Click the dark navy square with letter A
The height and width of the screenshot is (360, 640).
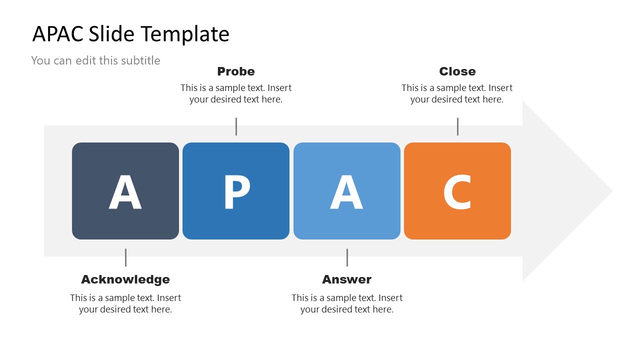125,190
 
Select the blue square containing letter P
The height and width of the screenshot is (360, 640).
236,190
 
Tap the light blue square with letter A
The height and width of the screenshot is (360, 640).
346,190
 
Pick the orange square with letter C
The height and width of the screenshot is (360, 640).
457,190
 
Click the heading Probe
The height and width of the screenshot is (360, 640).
236,71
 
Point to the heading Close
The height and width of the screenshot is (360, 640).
457,71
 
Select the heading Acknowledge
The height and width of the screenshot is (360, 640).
125,279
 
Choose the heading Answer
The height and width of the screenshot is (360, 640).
347,279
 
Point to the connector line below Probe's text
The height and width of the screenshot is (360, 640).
236,126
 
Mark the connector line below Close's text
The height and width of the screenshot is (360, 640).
457,126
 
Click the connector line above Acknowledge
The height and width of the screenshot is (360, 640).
125,257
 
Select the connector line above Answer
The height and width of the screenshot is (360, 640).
347,257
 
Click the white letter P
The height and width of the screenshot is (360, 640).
236,191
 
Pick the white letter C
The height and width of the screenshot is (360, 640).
457,191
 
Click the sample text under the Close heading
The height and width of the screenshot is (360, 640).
457,93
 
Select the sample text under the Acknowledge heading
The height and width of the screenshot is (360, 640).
125,303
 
